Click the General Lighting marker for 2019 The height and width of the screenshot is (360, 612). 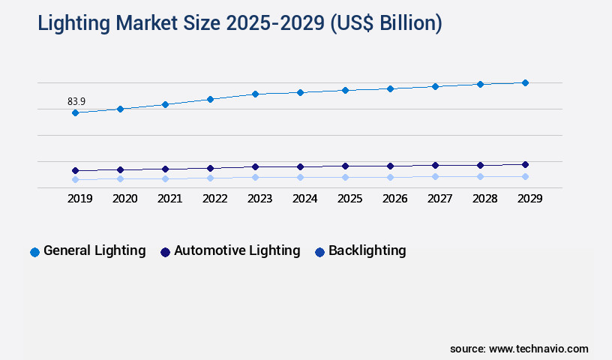[75, 112]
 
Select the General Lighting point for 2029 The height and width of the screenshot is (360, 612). [525, 82]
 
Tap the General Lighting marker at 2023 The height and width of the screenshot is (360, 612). [255, 94]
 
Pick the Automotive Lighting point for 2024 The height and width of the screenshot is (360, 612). [300, 166]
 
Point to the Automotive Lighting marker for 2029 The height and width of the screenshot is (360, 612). [525, 164]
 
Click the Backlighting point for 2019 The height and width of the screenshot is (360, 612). [75, 179]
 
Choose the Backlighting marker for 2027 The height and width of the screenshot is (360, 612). [435, 176]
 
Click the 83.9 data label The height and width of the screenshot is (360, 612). [76, 101]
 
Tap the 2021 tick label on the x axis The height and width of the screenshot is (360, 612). [169, 199]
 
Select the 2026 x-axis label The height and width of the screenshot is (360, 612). [394, 199]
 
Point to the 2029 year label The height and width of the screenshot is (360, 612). [529, 199]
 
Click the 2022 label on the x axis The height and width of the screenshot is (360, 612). [214, 199]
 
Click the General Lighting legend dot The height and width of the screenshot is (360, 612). [34, 252]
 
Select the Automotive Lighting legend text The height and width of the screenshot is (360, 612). [237, 250]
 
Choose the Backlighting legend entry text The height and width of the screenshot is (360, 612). [367, 250]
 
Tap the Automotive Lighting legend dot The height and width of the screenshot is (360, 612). [165, 252]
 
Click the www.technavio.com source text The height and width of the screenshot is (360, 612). [538, 349]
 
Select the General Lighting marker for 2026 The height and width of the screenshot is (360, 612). [390, 88]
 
